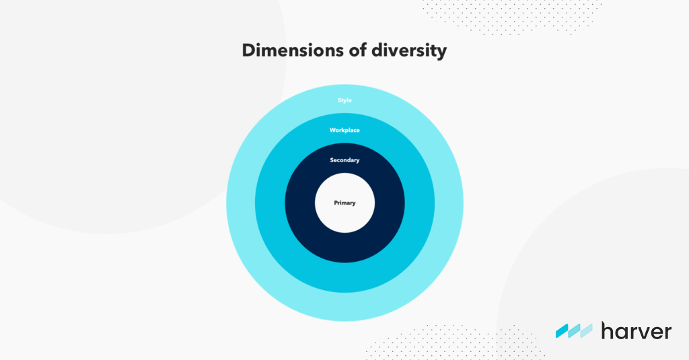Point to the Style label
[x=344, y=100]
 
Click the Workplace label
[x=344, y=130]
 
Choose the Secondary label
[x=344, y=160]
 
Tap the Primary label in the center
[x=344, y=203]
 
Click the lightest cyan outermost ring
[x=344, y=306]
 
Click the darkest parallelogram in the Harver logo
[x=563, y=330]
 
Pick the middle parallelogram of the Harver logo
[x=574, y=330]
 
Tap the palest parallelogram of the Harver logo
[x=586, y=330]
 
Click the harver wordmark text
[x=636, y=330]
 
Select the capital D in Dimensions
[x=249, y=50]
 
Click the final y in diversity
[x=441, y=53]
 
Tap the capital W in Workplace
[x=332, y=130]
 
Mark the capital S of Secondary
[x=332, y=160]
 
